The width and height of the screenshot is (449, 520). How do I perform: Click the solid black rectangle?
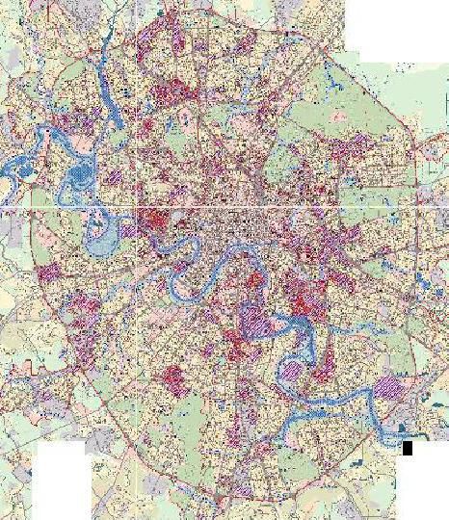point(408,448)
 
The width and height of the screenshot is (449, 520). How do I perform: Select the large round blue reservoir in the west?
point(78,176)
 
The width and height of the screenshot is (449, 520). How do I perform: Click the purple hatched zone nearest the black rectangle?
point(389,387)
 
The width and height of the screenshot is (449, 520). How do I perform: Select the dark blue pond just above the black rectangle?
point(403,434)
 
